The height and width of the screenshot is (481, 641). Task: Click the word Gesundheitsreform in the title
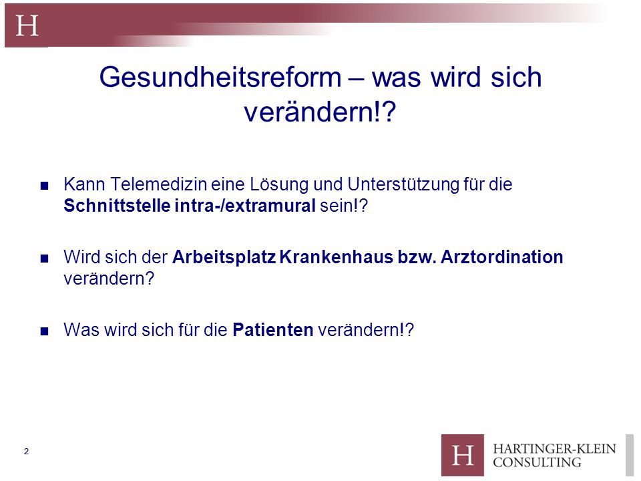point(220,77)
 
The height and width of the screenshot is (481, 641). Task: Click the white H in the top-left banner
point(27,25)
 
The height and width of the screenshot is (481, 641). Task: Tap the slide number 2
point(26,452)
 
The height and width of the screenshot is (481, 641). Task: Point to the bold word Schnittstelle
point(117,205)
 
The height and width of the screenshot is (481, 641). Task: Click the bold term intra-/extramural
point(245,205)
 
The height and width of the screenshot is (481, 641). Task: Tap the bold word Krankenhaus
point(337,257)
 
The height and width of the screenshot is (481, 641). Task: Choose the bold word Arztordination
point(502,257)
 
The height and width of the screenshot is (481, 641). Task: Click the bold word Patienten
point(272,329)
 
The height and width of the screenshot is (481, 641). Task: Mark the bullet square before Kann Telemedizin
point(45,186)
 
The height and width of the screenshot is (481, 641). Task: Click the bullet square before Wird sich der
point(45,259)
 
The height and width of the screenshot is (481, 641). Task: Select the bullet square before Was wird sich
point(45,331)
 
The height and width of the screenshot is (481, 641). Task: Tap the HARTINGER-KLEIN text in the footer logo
point(554,449)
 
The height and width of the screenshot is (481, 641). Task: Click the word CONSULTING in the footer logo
point(537,462)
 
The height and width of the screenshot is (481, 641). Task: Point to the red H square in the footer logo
point(462,455)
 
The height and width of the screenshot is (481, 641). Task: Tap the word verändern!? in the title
point(320,112)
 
